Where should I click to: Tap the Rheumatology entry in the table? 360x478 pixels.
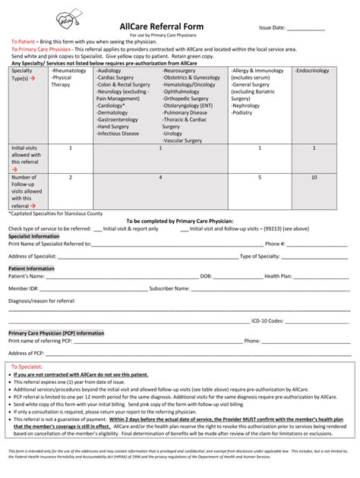(68, 71)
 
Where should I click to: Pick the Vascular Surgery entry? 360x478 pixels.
(183, 140)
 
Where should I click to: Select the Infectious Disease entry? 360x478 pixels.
(118, 134)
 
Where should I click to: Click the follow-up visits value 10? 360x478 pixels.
(314, 177)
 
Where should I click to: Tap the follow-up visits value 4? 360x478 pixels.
(160, 177)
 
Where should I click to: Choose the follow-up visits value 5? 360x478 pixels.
(259, 177)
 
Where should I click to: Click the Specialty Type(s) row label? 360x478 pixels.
(22, 74)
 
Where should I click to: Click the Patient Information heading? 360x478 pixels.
(31, 268)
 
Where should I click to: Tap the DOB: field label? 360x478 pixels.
(206, 276)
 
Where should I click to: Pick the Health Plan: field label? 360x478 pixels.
(278, 276)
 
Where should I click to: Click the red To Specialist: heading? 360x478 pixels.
(28, 366)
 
